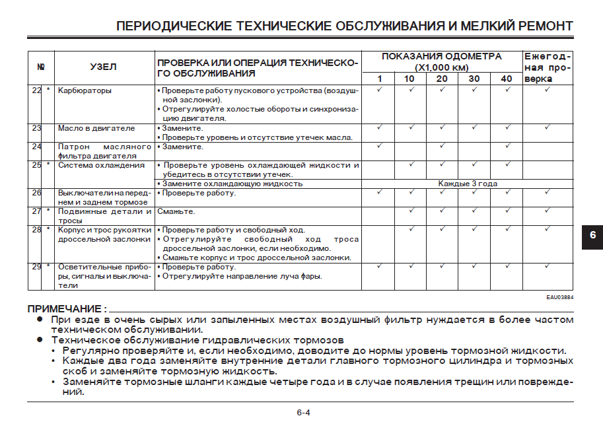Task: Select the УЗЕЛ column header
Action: pyautogui.click(x=103, y=67)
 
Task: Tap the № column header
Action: pyautogui.click(x=40, y=67)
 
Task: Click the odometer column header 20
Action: pyautogui.click(x=442, y=79)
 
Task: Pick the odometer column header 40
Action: pyautogui.click(x=507, y=79)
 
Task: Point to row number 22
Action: pyautogui.click(x=37, y=90)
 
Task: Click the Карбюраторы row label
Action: pyautogui.click(x=85, y=90)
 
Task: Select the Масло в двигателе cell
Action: pyautogui.click(x=96, y=128)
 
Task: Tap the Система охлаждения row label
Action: pyautogui.click(x=101, y=165)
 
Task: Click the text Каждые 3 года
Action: pyautogui.click(x=468, y=184)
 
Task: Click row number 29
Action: pyautogui.click(x=37, y=267)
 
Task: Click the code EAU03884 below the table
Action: pyautogui.click(x=559, y=297)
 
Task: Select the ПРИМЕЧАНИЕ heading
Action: pyautogui.click(x=67, y=308)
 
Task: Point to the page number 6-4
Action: pyautogui.click(x=303, y=413)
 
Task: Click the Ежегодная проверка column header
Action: pyautogui.click(x=548, y=67)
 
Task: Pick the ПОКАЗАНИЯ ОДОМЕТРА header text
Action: pyautogui.click(x=441, y=57)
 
